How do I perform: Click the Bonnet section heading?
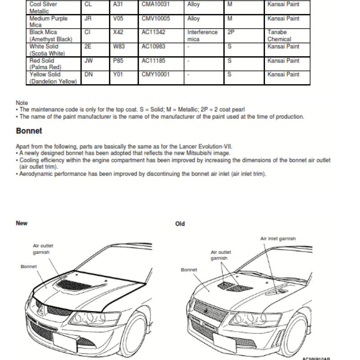pos(29,131)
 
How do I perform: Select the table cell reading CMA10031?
pos(155,4)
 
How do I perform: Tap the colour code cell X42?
pos(118,32)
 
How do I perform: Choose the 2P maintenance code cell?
pos(231,32)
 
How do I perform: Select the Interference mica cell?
pos(202,36)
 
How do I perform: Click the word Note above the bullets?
pos(22,103)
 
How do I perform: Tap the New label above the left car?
pos(22,223)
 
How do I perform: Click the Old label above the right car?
pos(180,224)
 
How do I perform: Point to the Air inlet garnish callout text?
pos(278,239)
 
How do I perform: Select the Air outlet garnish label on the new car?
pos(43,249)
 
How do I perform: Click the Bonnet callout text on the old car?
pos(189,270)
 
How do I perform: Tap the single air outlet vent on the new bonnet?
pos(74,285)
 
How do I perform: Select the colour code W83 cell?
pos(119,47)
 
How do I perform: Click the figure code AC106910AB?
pos(316,358)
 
